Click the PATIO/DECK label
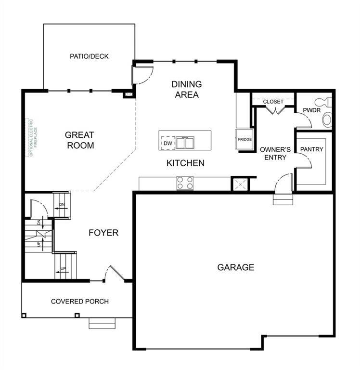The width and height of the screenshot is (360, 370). coord(89,56)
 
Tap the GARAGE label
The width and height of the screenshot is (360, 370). coord(235,267)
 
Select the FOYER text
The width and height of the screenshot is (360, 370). coord(103,233)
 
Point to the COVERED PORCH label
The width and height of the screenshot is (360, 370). coord(80,302)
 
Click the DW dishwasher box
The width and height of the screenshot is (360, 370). coord(167,143)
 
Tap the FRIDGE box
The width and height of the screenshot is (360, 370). coord(244,140)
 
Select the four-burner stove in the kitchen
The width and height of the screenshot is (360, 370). coord(185,183)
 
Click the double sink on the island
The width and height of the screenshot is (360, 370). coord(184,143)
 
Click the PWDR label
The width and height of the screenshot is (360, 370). coord(309,111)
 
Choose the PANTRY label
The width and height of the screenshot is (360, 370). coord(311,149)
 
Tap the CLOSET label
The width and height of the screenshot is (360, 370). coord(273,102)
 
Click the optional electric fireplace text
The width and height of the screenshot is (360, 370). coord(31,137)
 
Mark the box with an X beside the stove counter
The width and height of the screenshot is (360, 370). coord(239,184)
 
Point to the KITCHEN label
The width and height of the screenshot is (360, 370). coord(185,163)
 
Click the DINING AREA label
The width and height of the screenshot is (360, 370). coord(187,90)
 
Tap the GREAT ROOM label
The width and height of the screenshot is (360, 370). coord(79,140)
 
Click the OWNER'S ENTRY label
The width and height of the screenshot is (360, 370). coord(273,154)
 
